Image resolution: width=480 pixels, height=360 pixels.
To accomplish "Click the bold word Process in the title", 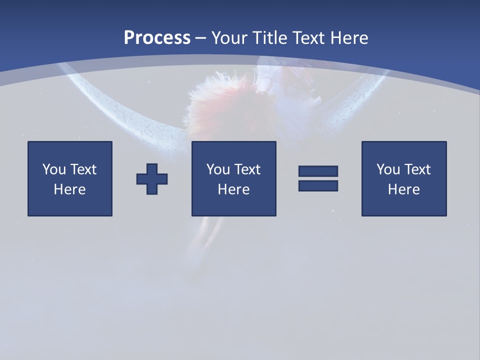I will point(157,38).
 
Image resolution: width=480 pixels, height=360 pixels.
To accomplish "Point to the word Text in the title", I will point(309,38).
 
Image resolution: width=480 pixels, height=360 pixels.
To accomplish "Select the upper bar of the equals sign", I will point(318,171).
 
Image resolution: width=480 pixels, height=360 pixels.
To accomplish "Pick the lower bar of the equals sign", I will point(318,185).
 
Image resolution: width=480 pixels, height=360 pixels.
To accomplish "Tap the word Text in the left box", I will point(83,169).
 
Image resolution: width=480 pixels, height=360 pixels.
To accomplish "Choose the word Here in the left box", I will point(69,189).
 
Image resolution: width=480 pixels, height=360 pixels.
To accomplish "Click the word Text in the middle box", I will point(247,169).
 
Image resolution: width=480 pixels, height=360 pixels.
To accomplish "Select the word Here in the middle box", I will point(233,189).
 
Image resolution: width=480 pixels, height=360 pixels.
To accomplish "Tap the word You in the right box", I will point(388,169).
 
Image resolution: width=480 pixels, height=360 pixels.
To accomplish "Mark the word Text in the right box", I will point(417,169).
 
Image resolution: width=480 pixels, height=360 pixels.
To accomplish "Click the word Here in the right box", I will point(403,189).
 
